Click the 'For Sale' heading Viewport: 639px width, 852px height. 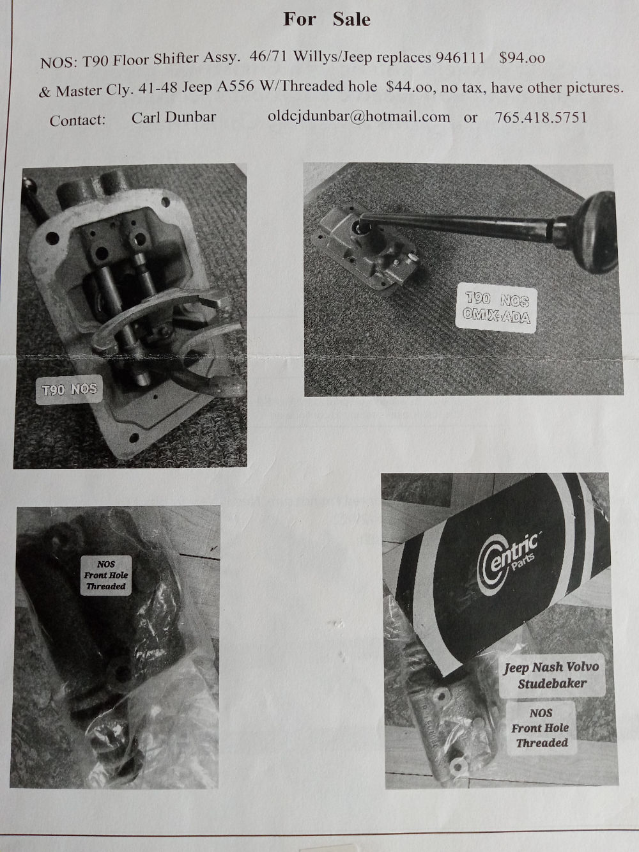click(327, 19)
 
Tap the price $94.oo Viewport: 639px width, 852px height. click(522, 58)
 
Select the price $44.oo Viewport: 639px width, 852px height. click(408, 88)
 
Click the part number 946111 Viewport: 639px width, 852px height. click(460, 58)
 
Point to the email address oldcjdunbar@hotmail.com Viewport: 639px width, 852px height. click(359, 116)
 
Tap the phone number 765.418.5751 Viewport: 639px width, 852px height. click(541, 117)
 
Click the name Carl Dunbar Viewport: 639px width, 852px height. click(173, 118)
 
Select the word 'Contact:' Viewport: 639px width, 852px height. click(77, 120)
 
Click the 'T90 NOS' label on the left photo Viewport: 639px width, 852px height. click(69, 390)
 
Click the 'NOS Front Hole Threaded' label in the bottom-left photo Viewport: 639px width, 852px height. click(106, 575)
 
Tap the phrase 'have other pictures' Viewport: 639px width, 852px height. click(557, 88)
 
